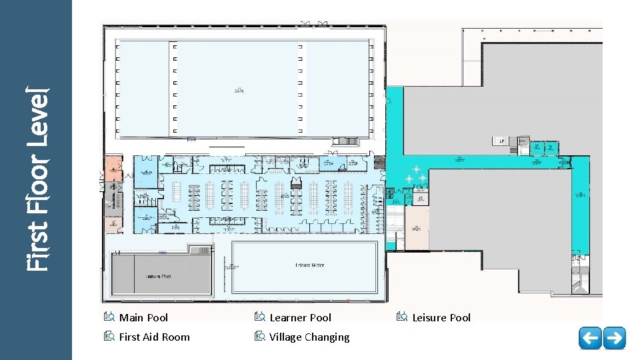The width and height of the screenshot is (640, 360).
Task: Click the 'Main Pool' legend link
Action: pos(143,318)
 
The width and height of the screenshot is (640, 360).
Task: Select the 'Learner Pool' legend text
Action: pos(300,318)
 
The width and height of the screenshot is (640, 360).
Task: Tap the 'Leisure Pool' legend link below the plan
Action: pos(441,318)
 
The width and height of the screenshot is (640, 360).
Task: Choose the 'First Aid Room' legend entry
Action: pos(154,337)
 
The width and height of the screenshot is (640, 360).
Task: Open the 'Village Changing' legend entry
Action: pos(309,337)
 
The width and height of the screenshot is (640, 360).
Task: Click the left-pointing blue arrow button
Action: pos(590,338)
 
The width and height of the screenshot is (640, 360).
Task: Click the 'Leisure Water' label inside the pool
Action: pos(309,265)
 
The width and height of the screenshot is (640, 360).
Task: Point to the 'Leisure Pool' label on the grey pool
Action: pos(158,276)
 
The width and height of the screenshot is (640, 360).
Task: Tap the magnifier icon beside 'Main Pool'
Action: pos(110,317)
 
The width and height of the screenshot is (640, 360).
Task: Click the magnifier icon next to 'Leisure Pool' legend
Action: pos(401,317)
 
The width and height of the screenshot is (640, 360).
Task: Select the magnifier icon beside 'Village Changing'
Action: pos(259,337)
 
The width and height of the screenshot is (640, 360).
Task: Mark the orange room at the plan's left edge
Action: pos(113,167)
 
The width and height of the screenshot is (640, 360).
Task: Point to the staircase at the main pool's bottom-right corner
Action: pos(349,141)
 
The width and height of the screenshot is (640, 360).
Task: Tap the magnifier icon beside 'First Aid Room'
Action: pos(110,337)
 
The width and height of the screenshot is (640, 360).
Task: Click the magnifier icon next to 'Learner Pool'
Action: pos(259,317)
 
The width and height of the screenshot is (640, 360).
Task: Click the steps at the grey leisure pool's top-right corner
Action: pos(199,249)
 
